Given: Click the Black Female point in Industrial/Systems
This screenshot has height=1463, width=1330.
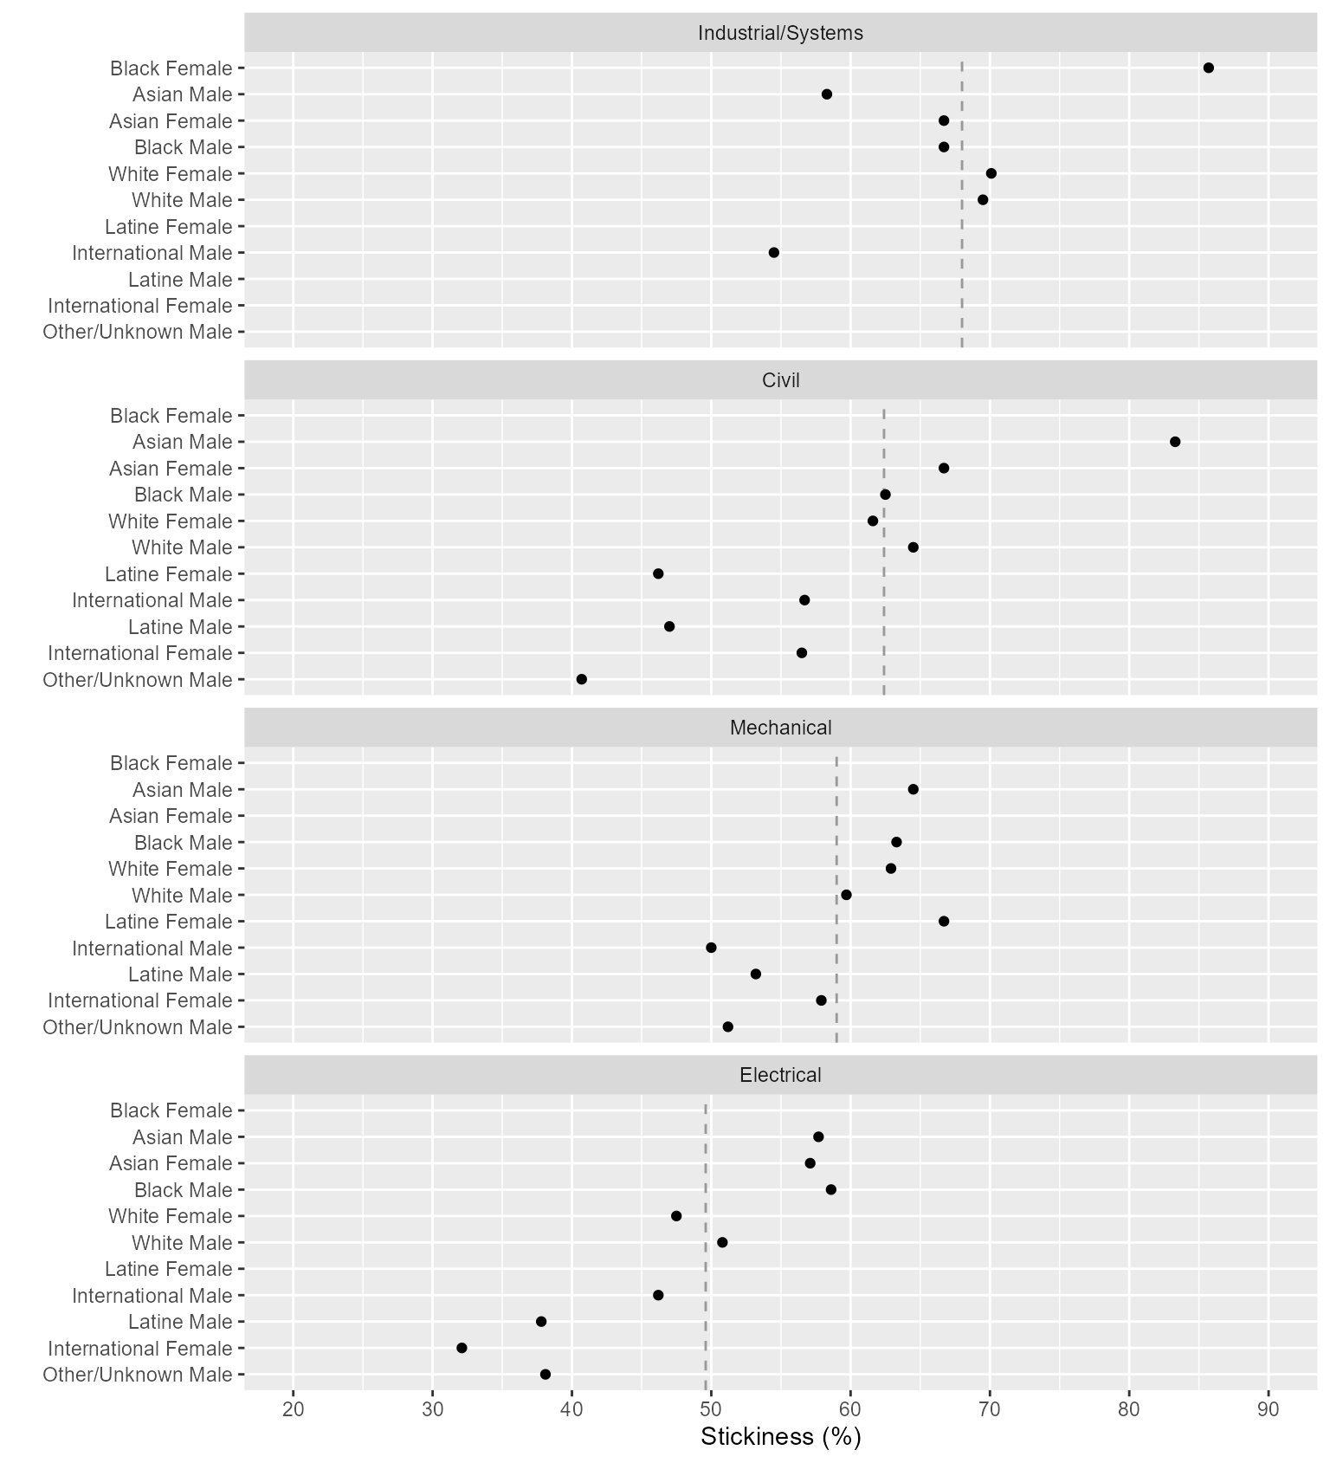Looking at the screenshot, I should pyautogui.click(x=1208, y=68).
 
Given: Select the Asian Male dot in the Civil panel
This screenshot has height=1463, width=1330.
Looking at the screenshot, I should pyautogui.click(x=1174, y=442).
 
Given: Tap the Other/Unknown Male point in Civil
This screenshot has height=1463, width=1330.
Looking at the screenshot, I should pyautogui.click(x=581, y=679).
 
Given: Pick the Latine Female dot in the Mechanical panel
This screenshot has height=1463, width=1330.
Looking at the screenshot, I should pyautogui.click(x=943, y=921).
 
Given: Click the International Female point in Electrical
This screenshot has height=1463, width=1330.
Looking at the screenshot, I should pyautogui.click(x=462, y=1348).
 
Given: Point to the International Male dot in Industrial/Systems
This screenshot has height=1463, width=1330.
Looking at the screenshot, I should pyautogui.click(x=773, y=253).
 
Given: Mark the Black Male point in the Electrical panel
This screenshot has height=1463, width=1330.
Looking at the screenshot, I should pyautogui.click(x=830, y=1189).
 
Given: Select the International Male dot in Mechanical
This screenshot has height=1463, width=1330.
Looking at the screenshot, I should pyautogui.click(x=711, y=948).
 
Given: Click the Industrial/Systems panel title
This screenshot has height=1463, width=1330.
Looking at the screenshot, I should pyautogui.click(x=780, y=33).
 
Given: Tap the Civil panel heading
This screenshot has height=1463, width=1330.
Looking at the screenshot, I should pyautogui.click(x=780, y=380).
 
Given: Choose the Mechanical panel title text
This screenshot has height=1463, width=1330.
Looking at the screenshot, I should pyautogui.click(x=780, y=728).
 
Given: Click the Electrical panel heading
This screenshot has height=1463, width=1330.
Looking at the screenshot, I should pyautogui.click(x=780, y=1075).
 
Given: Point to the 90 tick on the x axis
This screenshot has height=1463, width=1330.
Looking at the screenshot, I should pyautogui.click(x=1268, y=1409).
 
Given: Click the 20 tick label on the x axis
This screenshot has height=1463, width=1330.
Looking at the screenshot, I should pyautogui.click(x=294, y=1409).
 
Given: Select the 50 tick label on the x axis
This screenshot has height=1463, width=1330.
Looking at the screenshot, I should pyautogui.click(x=711, y=1409).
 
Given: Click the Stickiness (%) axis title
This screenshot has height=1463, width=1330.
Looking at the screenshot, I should pyautogui.click(x=780, y=1437).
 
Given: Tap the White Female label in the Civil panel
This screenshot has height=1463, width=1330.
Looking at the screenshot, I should pyautogui.click(x=170, y=521).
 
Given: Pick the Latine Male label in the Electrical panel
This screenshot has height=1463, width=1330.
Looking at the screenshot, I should pyautogui.click(x=180, y=1322).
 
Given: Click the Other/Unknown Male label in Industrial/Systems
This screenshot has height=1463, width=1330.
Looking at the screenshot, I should pyautogui.click(x=138, y=332).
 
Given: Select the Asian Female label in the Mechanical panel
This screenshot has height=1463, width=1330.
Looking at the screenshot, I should pyautogui.click(x=171, y=816).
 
